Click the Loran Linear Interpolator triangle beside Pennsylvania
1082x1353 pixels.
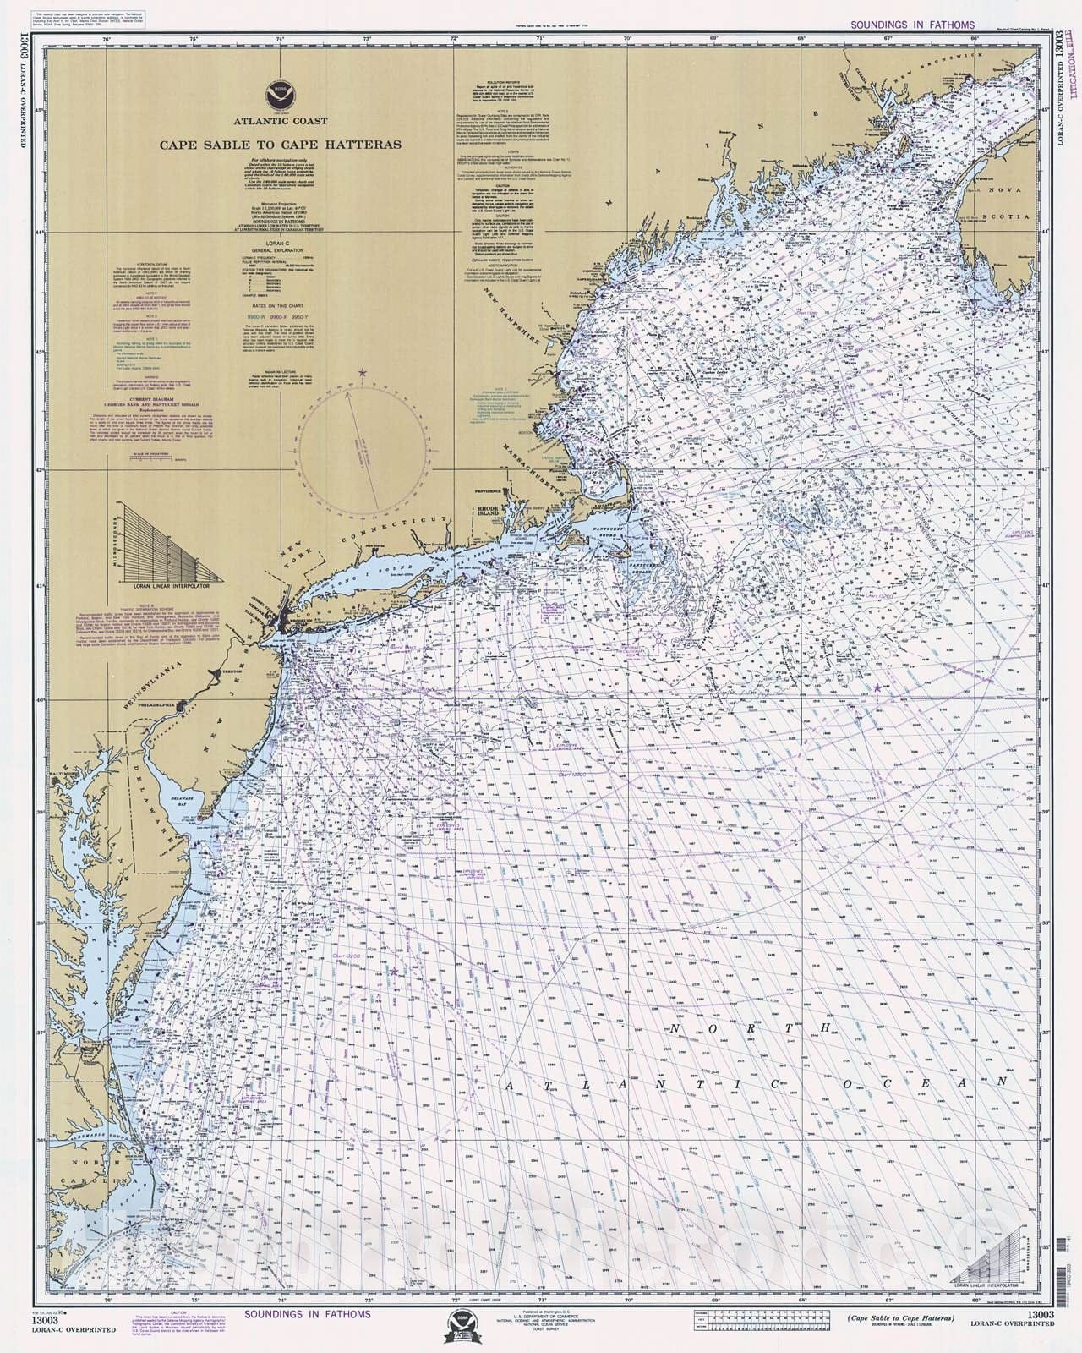pos(168,541)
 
